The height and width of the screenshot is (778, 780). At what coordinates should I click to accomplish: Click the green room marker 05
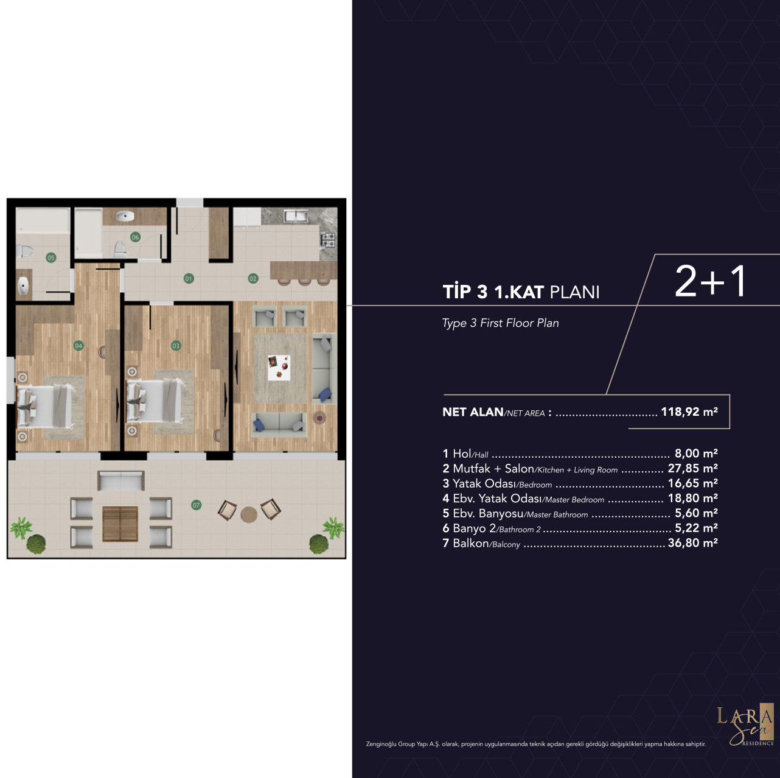tap(51, 258)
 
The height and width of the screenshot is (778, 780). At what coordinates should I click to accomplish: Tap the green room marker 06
tap(135, 237)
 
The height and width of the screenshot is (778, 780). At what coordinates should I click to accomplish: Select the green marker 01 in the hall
tap(189, 278)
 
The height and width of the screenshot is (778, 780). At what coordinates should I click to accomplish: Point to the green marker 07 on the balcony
tap(197, 505)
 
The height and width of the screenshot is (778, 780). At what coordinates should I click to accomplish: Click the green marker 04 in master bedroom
tap(78, 345)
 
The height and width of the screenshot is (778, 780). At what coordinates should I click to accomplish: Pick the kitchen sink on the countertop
tap(296, 216)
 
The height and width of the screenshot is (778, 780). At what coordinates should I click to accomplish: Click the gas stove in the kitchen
tap(328, 240)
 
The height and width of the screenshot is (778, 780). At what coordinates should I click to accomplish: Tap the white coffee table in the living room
tap(279, 367)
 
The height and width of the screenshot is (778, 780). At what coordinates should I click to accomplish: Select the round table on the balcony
tap(249, 514)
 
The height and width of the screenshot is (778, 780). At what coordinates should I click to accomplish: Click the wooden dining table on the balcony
tap(120, 524)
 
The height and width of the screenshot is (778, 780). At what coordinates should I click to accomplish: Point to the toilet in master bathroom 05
tap(24, 251)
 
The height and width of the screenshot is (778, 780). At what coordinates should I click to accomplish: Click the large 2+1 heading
tap(711, 281)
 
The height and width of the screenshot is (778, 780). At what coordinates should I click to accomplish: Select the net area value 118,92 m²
tap(689, 412)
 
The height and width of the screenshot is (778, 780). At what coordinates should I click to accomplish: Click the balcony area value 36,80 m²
tap(692, 542)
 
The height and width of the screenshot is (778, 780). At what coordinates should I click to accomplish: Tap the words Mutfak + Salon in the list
tap(493, 469)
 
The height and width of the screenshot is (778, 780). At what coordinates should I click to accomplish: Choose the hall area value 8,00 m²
tap(696, 453)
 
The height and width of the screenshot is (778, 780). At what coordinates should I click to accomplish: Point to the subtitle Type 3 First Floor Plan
tap(500, 323)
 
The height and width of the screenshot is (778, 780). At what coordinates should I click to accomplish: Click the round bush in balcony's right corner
tap(319, 544)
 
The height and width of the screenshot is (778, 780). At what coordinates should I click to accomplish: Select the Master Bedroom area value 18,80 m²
tap(692, 498)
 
